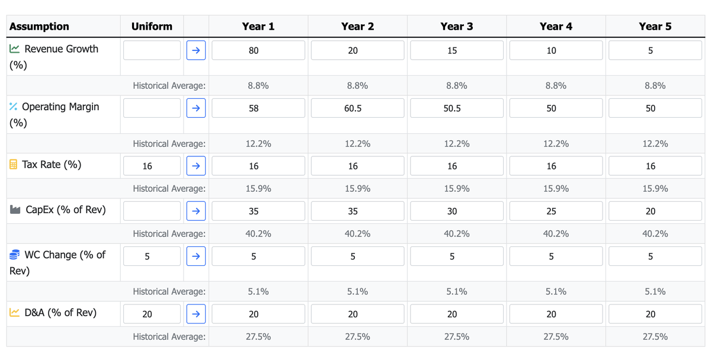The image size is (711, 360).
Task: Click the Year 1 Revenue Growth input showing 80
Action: coord(258,50)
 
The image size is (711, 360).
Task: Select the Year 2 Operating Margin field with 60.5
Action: coord(357,108)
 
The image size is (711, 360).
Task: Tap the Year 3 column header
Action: coord(456,27)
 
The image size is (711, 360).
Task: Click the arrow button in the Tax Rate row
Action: coord(196,166)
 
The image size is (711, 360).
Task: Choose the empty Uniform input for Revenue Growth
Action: coord(152,50)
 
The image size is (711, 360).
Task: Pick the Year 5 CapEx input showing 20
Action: coord(655,211)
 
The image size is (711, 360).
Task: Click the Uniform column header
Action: coord(152,27)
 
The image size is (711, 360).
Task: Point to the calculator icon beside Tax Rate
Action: coord(14,165)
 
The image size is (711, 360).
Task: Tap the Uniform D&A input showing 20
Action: coord(152,314)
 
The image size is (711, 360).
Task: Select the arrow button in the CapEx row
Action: coord(196,211)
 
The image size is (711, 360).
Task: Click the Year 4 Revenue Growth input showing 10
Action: coord(556,50)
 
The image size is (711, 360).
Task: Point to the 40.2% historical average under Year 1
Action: coord(258,234)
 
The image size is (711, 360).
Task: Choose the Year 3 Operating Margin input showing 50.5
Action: coord(456,108)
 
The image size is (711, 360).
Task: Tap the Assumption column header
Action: coord(39,27)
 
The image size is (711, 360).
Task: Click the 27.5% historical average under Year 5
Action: coord(655,336)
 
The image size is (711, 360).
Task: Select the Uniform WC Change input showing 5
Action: coord(152,256)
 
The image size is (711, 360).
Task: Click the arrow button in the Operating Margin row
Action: coord(196,108)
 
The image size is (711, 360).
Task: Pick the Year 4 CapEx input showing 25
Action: coord(556,211)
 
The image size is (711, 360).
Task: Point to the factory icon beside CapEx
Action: coord(15,210)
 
